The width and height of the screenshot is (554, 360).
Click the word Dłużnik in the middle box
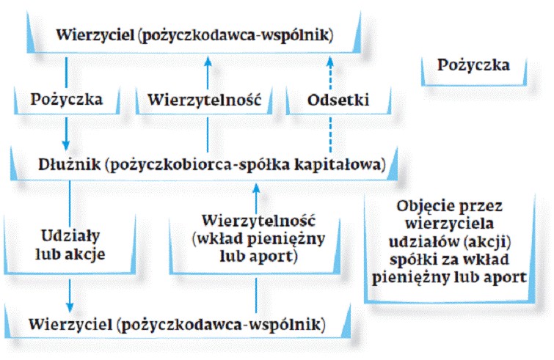[69, 164]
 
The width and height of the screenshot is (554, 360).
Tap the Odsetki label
[338, 100]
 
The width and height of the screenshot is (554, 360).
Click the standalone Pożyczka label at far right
[473, 65]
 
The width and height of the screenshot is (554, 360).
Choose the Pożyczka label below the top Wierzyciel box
[67, 100]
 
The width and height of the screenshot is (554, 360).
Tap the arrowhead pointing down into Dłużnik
[66, 145]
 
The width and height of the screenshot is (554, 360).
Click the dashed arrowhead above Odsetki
[330, 62]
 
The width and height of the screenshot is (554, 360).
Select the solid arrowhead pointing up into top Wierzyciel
[208, 62]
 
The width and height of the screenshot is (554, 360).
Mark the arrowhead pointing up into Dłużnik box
[257, 188]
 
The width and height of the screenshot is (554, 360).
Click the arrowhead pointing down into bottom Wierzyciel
[70, 307]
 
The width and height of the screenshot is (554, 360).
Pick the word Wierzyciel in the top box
[95, 35]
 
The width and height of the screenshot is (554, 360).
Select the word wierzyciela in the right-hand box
[449, 224]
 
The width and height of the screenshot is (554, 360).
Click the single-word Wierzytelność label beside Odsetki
[204, 100]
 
